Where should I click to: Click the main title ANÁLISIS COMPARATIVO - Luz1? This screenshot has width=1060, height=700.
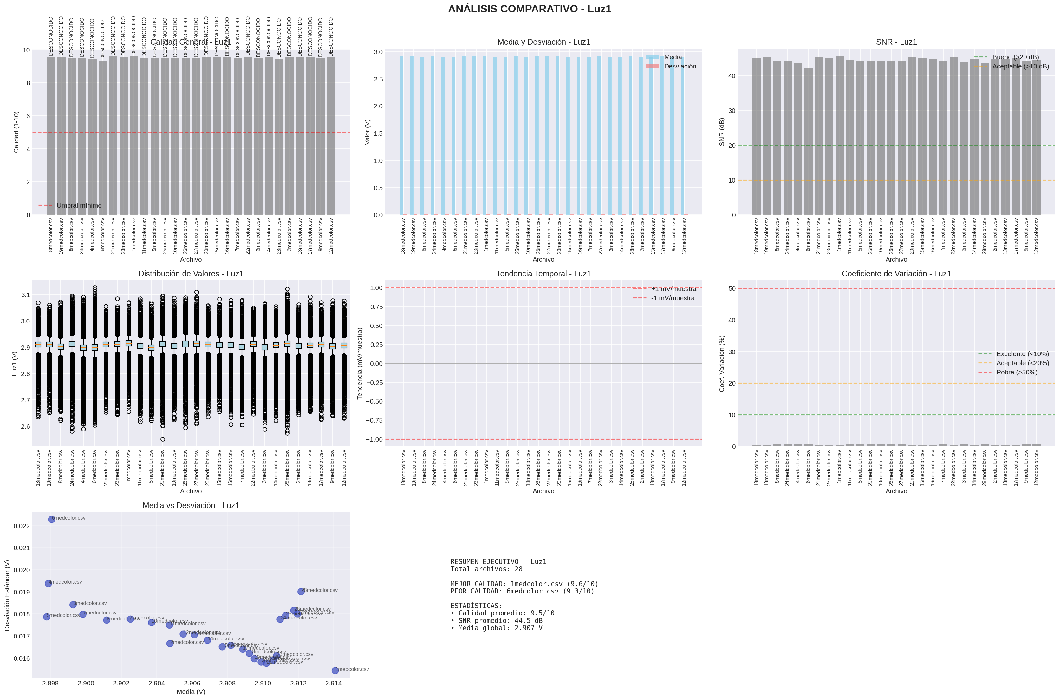[530, 9]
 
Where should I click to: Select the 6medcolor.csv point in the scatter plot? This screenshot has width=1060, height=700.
[51, 519]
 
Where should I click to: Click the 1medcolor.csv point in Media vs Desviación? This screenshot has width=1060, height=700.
[335, 671]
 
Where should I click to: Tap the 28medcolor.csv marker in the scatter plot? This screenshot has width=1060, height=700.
[301, 592]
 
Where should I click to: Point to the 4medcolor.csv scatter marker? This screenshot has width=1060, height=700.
[48, 583]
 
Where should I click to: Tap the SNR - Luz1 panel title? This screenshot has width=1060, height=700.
[896, 42]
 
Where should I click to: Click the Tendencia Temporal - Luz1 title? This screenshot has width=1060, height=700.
[543, 274]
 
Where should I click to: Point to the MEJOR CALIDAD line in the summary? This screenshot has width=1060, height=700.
[524, 584]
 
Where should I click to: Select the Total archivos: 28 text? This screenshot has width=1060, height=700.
[486, 569]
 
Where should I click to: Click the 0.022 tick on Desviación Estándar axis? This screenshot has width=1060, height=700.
[22, 526]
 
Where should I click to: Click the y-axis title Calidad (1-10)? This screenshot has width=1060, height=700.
[16, 132]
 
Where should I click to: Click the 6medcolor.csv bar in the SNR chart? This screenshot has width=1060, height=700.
[808, 141]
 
